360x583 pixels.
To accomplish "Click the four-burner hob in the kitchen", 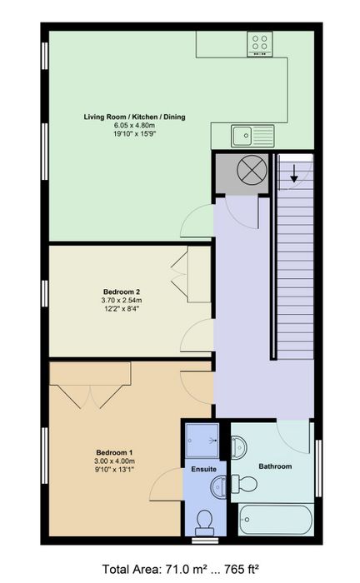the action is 260,44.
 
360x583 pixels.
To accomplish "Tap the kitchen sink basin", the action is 242,135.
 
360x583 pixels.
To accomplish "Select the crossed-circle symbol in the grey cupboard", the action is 252,170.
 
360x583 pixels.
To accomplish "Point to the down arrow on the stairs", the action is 294,173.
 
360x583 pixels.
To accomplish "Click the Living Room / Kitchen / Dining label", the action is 134,117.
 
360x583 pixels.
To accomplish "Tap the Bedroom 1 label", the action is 114,452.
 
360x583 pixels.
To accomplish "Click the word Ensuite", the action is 204,469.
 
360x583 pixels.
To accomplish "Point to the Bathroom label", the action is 275,466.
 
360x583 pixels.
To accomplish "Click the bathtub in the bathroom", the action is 276,520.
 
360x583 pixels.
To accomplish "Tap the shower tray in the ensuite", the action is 202,441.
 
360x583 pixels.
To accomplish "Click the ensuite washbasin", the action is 218,486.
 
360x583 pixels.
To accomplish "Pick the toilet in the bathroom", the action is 244,484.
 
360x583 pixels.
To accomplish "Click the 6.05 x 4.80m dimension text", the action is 134,125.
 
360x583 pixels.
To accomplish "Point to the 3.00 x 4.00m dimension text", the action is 114,461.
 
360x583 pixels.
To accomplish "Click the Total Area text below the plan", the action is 180,569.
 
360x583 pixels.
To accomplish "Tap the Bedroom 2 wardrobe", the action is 199,274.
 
